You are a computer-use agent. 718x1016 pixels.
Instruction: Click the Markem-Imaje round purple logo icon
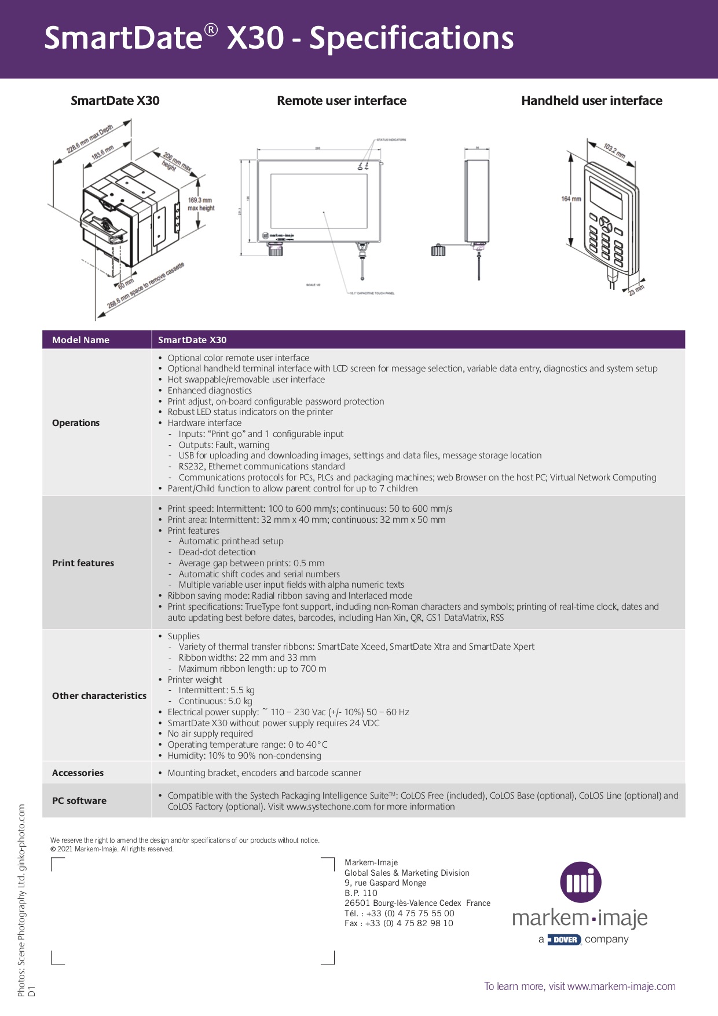tap(580, 882)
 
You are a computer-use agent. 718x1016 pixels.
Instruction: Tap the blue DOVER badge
tap(564, 939)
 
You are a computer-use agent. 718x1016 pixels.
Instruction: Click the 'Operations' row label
tap(76, 423)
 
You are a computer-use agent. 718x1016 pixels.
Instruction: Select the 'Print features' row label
tap(83, 563)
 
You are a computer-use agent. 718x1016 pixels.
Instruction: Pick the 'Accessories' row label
tap(78, 773)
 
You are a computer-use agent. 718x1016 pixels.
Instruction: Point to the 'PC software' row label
tap(79, 800)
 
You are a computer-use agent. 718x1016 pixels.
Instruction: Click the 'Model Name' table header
tap(80, 340)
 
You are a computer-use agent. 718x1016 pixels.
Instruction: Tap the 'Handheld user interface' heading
tap(591, 101)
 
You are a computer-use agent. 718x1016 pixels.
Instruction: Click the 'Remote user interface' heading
tap(342, 101)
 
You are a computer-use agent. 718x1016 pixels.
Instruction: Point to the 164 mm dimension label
tap(571, 199)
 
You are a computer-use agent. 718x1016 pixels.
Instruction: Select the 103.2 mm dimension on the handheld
tap(614, 151)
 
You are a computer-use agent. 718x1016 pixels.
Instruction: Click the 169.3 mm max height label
tap(200, 204)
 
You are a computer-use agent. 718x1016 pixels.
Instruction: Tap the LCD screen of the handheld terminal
tap(606, 196)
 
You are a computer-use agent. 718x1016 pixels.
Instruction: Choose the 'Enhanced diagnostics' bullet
tap(210, 391)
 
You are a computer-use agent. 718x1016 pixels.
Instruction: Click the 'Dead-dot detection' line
tap(217, 552)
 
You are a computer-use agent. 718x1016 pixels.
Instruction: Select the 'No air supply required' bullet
tap(210, 734)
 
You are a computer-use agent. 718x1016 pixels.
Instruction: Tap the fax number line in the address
tap(398, 923)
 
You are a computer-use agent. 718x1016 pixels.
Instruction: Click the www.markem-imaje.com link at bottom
tap(621, 986)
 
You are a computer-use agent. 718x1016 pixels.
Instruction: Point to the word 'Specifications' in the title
tap(411, 38)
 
